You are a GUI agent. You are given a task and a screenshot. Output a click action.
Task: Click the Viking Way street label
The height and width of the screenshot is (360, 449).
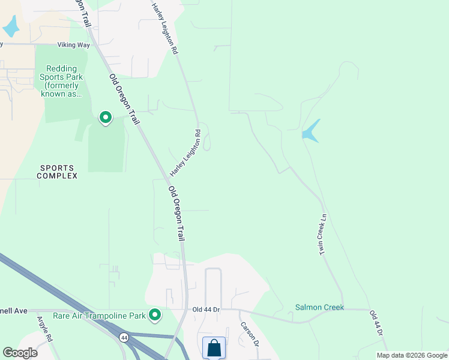click(73, 44)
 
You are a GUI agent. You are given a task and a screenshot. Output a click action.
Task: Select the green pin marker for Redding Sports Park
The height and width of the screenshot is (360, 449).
click(106, 117)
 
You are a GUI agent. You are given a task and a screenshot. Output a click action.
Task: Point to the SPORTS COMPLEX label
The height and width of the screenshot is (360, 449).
click(57, 172)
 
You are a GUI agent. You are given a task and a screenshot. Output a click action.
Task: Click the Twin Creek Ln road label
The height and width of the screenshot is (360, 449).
click(322, 234)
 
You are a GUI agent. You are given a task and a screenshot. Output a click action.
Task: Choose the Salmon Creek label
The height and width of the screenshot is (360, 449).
click(319, 307)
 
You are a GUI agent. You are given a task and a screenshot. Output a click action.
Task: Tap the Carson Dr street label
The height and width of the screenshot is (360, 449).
click(249, 335)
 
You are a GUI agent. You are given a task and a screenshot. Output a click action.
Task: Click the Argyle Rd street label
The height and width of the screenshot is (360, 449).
click(46, 329)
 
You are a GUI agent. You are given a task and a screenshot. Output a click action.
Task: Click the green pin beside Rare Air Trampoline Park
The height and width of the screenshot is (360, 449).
click(155, 314)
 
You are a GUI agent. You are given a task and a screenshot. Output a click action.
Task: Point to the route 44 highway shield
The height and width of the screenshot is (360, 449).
click(123, 337)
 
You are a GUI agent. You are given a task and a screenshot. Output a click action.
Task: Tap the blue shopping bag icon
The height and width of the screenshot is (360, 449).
click(214, 348)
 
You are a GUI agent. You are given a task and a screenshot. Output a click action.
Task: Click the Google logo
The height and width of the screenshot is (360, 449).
click(20, 353)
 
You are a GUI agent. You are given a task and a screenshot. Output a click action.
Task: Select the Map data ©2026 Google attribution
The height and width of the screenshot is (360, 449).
click(412, 355)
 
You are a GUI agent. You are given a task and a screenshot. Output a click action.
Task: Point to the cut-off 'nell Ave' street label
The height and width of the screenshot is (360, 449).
click(13, 311)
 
